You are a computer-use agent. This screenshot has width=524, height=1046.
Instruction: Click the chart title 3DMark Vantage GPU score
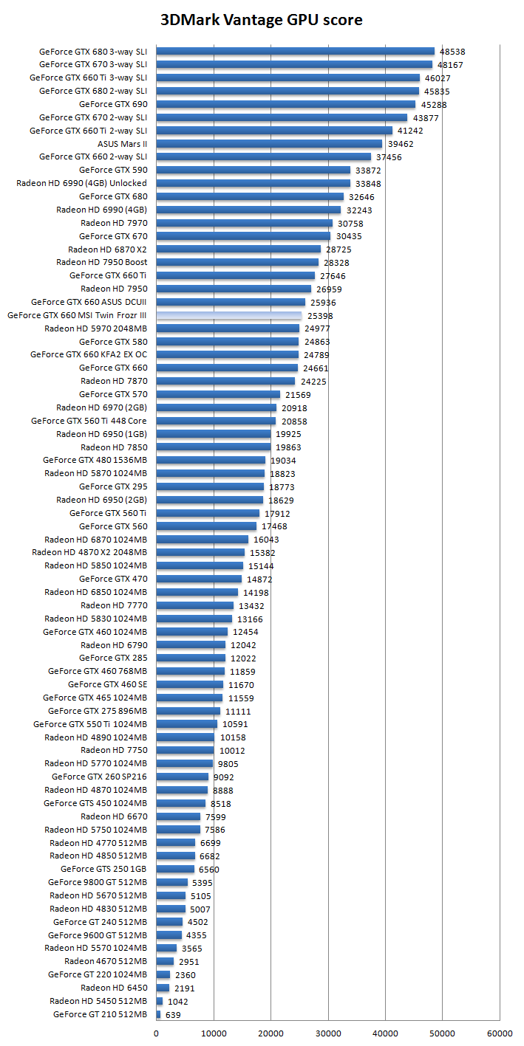(x=262, y=20)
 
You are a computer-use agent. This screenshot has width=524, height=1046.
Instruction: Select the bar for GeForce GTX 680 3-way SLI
(x=296, y=52)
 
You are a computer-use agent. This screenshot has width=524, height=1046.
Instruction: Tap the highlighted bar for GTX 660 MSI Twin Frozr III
(x=229, y=315)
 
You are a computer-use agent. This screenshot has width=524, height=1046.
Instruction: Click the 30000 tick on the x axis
(x=327, y=1034)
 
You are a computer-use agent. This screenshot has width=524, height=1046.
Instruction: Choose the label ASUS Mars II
(x=123, y=144)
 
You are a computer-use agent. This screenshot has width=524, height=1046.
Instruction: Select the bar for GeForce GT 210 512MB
(x=158, y=1014)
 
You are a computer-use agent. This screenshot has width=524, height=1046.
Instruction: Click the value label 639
(x=173, y=1015)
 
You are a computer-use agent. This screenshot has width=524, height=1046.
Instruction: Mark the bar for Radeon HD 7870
(x=225, y=381)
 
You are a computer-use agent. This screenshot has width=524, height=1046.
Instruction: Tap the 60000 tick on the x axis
(x=499, y=1034)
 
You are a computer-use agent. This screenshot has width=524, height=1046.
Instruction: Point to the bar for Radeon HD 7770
(x=194, y=605)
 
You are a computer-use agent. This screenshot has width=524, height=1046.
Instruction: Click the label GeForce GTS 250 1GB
(x=103, y=869)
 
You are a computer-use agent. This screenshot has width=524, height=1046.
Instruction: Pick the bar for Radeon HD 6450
(x=163, y=988)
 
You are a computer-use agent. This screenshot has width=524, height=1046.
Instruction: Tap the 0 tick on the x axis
(x=156, y=1034)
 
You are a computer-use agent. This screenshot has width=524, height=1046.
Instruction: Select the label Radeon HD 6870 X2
(x=107, y=250)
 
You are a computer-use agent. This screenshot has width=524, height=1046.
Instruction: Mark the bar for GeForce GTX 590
(x=253, y=171)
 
